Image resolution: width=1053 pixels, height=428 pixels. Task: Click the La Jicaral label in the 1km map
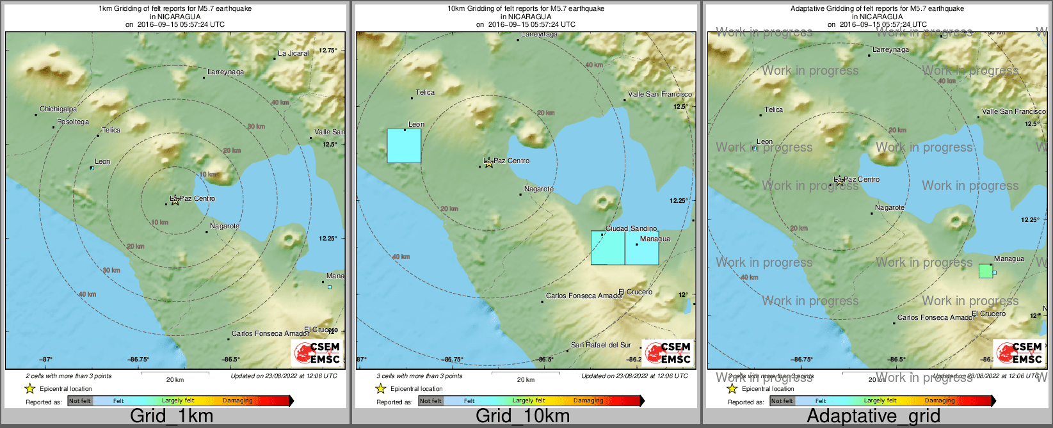click(293, 54)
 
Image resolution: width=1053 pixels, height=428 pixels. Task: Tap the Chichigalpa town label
click(58, 109)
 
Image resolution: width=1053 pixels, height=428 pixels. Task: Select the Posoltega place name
click(73, 122)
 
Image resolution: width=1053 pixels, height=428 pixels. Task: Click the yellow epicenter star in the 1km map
click(175, 201)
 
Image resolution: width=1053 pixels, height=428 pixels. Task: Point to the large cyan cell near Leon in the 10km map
click(404, 147)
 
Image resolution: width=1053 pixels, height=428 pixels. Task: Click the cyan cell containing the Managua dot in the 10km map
click(641, 248)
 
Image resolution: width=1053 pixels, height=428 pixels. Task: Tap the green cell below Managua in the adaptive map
click(986, 271)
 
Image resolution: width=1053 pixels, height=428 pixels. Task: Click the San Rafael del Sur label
click(600, 345)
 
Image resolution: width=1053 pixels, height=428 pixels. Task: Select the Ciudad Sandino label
click(631, 228)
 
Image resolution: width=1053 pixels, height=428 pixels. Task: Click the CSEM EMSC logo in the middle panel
click(668, 353)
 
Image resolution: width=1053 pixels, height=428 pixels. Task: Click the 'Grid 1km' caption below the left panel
click(172, 416)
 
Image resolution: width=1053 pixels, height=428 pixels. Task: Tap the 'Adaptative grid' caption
click(873, 416)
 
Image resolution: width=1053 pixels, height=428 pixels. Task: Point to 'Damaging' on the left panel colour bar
click(237, 401)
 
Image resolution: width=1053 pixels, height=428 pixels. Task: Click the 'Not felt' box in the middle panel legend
click(430, 401)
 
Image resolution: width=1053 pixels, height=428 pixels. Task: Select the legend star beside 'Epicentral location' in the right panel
click(732, 388)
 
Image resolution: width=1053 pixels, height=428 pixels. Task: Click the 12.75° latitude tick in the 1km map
click(328, 50)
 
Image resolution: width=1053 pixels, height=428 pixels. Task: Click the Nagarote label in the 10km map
click(538, 189)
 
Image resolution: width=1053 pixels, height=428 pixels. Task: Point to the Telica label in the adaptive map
click(773, 110)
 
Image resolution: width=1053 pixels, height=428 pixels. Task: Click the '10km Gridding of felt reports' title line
click(526, 9)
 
